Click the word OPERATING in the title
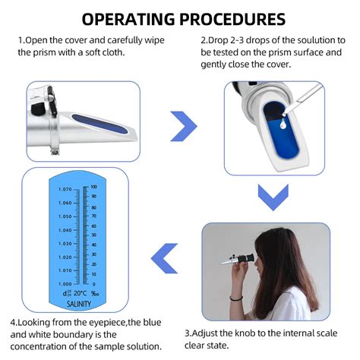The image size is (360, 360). pyautogui.click(x=129, y=18)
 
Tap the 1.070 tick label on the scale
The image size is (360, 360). pyautogui.click(x=64, y=189)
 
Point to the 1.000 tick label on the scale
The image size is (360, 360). pyautogui.click(x=64, y=283)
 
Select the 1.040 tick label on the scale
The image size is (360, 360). pyautogui.click(x=64, y=229)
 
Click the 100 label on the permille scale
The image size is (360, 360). pyautogui.click(x=93, y=185)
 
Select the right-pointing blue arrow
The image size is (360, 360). pyautogui.click(x=183, y=126)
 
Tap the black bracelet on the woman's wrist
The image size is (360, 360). pyautogui.click(x=238, y=298)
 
